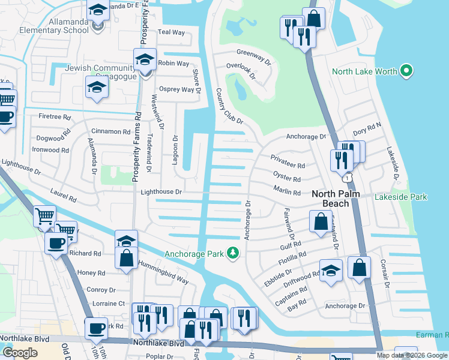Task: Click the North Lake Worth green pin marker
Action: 406,71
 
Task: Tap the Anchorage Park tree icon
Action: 233,254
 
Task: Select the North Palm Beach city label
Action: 339,199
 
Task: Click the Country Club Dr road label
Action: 228,106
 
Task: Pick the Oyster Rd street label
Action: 286,179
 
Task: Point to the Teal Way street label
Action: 170,32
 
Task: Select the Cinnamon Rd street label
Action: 110,131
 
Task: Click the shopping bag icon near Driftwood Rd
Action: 359,269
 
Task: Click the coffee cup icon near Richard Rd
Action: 56,244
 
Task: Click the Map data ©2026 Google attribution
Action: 411,355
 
